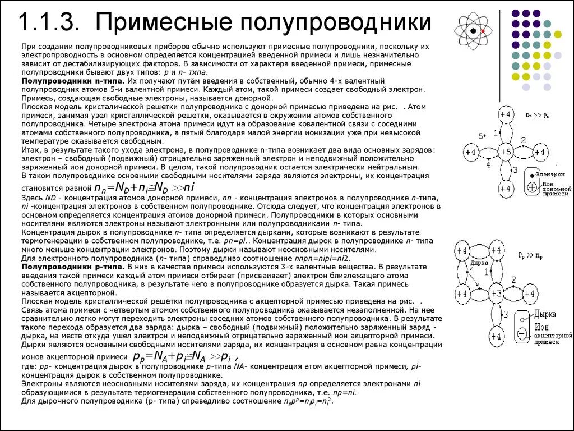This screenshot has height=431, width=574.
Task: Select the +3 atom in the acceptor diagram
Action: click(496, 293)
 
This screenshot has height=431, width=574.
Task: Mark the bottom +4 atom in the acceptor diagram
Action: click(496, 336)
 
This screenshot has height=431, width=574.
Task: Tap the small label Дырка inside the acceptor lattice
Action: click(478, 262)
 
